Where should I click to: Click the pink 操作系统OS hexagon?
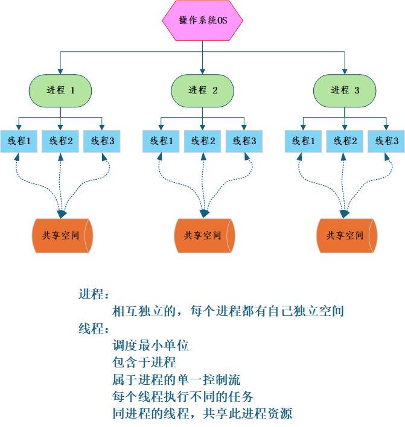pos(203,21)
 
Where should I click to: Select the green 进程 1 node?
pos(60,90)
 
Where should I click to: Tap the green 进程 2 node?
pos(203,90)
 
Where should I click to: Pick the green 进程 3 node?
pos(345,90)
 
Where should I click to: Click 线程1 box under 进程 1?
pos(19,141)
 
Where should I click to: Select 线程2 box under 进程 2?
pos(203,141)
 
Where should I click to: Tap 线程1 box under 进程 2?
pos(161,141)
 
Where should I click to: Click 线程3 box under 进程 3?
pos(387,141)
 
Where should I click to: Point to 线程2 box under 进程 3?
pos(345,141)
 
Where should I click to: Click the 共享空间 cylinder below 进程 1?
pos(61,235)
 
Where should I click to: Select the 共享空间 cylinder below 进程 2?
pos(203,235)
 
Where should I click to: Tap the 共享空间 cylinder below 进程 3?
pos(346,235)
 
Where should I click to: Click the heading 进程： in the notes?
pos(94,295)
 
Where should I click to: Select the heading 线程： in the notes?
pos(94,329)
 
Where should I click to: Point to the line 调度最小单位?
pos(151,346)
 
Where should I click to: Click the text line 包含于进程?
pos(144,363)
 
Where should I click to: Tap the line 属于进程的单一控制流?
pos(176,380)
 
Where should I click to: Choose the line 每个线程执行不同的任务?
pos(183,397)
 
